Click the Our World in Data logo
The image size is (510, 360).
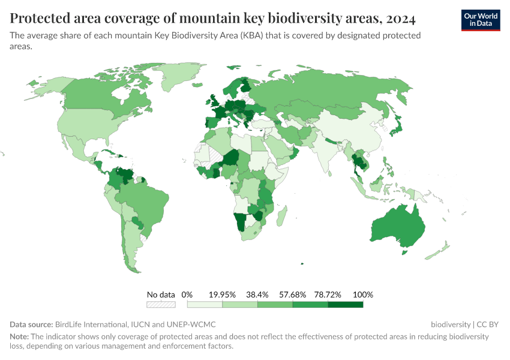[x=481, y=20]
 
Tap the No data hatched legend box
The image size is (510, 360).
[x=161, y=305]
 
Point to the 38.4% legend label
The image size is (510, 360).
[x=258, y=295]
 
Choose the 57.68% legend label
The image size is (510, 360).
[x=293, y=295]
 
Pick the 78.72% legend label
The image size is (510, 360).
[x=328, y=295]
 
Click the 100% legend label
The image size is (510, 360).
[x=363, y=295]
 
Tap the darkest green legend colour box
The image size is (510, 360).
[x=346, y=305]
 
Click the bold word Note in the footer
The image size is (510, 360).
[x=19, y=337]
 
